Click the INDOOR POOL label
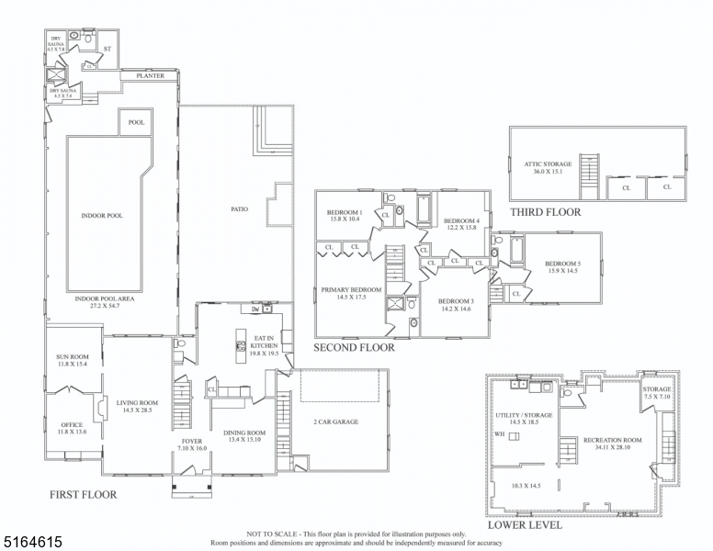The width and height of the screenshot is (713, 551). click(102, 216)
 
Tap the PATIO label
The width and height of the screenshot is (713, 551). click(239, 209)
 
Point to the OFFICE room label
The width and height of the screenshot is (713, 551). click(72, 425)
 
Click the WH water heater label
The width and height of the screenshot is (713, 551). click(499, 434)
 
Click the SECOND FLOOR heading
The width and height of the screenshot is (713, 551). click(354, 348)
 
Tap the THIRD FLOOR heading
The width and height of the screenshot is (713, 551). click(546, 212)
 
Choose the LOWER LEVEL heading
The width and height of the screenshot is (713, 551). click(526, 526)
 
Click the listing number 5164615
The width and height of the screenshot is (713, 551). click(32, 542)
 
